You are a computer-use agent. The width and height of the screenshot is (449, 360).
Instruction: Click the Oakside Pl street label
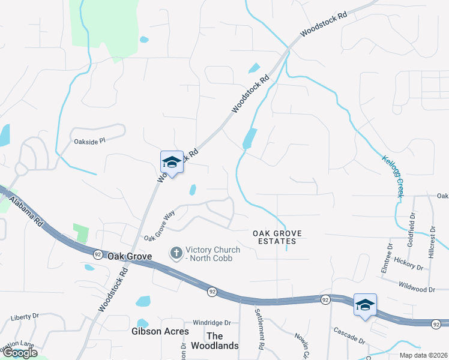[89, 141]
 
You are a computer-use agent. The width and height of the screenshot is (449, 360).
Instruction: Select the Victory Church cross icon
[176, 253]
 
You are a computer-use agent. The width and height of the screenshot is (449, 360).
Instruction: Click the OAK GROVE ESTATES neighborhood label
[274, 237]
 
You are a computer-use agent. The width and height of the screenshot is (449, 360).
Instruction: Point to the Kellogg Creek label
[392, 176]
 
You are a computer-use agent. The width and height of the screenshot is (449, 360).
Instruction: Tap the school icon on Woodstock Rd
[172, 162]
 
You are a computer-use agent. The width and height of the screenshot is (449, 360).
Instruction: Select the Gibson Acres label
[160, 331]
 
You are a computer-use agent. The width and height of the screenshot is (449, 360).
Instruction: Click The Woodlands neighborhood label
[215, 341]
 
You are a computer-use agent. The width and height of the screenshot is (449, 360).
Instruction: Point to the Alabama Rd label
[27, 213]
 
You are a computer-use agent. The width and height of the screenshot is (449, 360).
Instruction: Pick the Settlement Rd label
[260, 329]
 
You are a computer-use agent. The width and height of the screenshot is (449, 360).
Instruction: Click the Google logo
[20, 353]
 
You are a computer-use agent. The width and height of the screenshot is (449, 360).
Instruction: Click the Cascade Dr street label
[348, 335]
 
